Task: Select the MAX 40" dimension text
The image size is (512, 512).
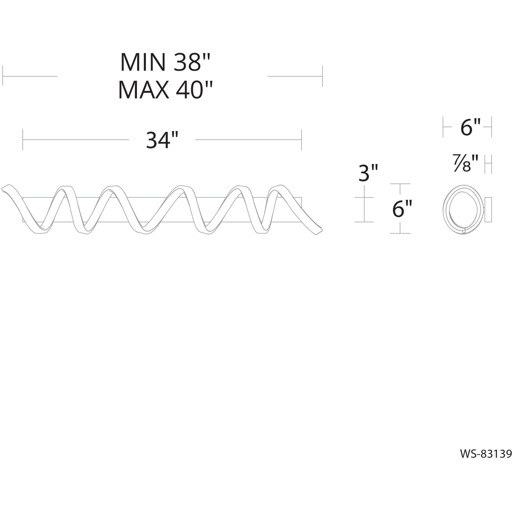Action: point(165,90)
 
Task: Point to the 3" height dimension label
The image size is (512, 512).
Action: point(368,173)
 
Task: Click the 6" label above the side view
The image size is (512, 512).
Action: point(470,127)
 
